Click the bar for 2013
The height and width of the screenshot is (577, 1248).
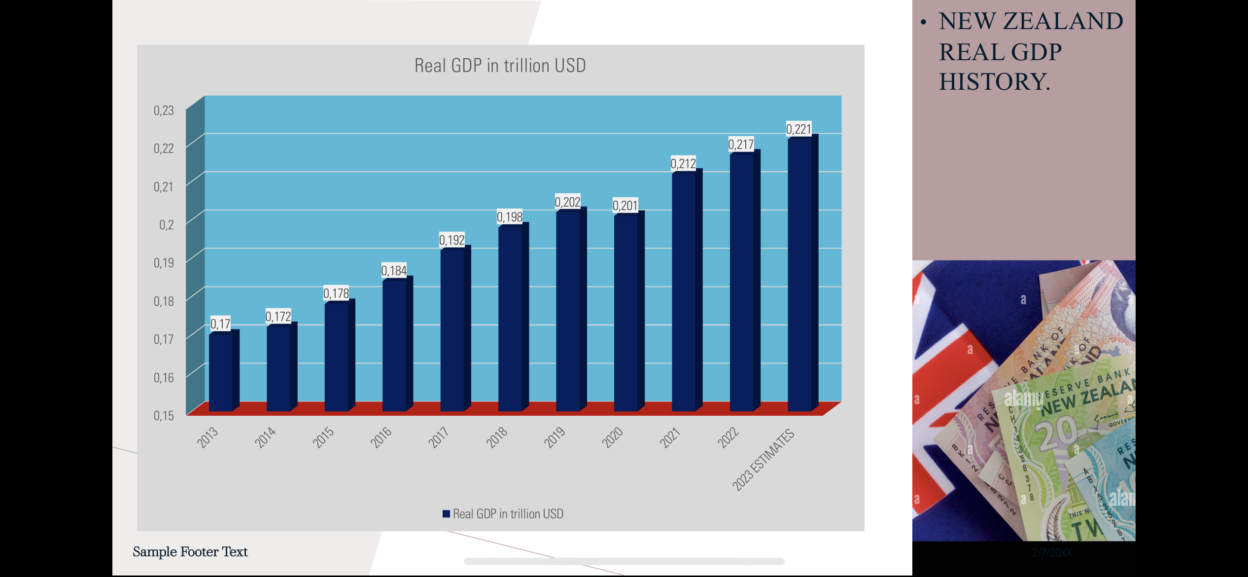tap(221, 372)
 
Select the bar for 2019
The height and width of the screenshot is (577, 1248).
tap(568, 311)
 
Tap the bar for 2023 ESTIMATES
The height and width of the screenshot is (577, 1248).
tap(800, 274)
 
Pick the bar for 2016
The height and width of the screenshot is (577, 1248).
tap(395, 345)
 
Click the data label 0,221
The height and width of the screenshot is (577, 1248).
tap(798, 129)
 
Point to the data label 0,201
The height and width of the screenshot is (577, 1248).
tap(625, 206)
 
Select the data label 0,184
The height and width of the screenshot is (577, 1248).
tap(394, 271)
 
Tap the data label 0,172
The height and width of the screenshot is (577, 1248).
tap(278, 317)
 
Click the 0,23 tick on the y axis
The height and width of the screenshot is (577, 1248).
tap(164, 110)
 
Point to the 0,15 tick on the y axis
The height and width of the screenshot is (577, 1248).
tap(164, 416)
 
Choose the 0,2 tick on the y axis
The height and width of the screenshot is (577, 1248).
tap(166, 225)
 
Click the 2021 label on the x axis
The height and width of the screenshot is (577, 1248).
tap(670, 437)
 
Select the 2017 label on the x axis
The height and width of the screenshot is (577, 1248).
tap(439, 437)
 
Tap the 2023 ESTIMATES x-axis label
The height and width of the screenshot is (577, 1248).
tap(763, 460)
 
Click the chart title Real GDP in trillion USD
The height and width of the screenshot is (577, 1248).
tap(500, 66)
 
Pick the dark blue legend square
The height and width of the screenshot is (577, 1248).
tap(446, 514)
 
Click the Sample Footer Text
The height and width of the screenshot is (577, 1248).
tap(190, 551)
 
